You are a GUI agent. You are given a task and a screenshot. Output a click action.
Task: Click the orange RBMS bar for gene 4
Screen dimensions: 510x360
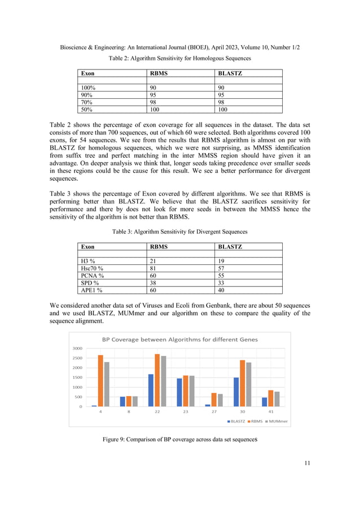coord(100,381)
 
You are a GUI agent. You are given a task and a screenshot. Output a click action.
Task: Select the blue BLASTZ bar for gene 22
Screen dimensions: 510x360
coord(151,390)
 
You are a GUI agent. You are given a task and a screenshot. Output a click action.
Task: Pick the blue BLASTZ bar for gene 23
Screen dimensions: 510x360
coord(179,393)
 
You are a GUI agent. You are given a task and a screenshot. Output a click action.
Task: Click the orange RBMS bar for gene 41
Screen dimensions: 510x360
coord(270,398)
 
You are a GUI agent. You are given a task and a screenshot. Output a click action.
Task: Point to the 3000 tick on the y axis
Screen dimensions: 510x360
coord(77,348)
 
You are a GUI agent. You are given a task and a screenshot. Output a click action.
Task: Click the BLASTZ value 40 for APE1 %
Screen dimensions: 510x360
coord(222,291)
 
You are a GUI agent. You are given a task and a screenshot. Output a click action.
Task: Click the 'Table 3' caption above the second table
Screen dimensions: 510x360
coord(179,232)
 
